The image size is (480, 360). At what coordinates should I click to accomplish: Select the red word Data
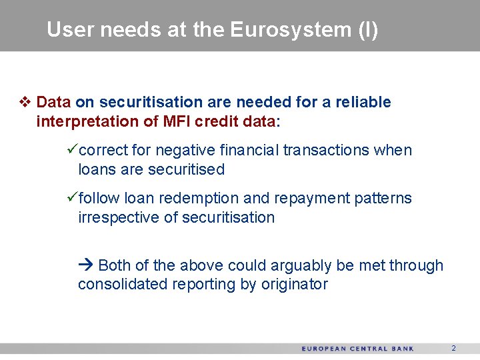click(x=54, y=103)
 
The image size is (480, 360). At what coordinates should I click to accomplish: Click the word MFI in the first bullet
click(x=179, y=121)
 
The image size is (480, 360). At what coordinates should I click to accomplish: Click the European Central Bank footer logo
click(x=357, y=349)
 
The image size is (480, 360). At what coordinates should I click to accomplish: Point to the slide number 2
click(x=453, y=348)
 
